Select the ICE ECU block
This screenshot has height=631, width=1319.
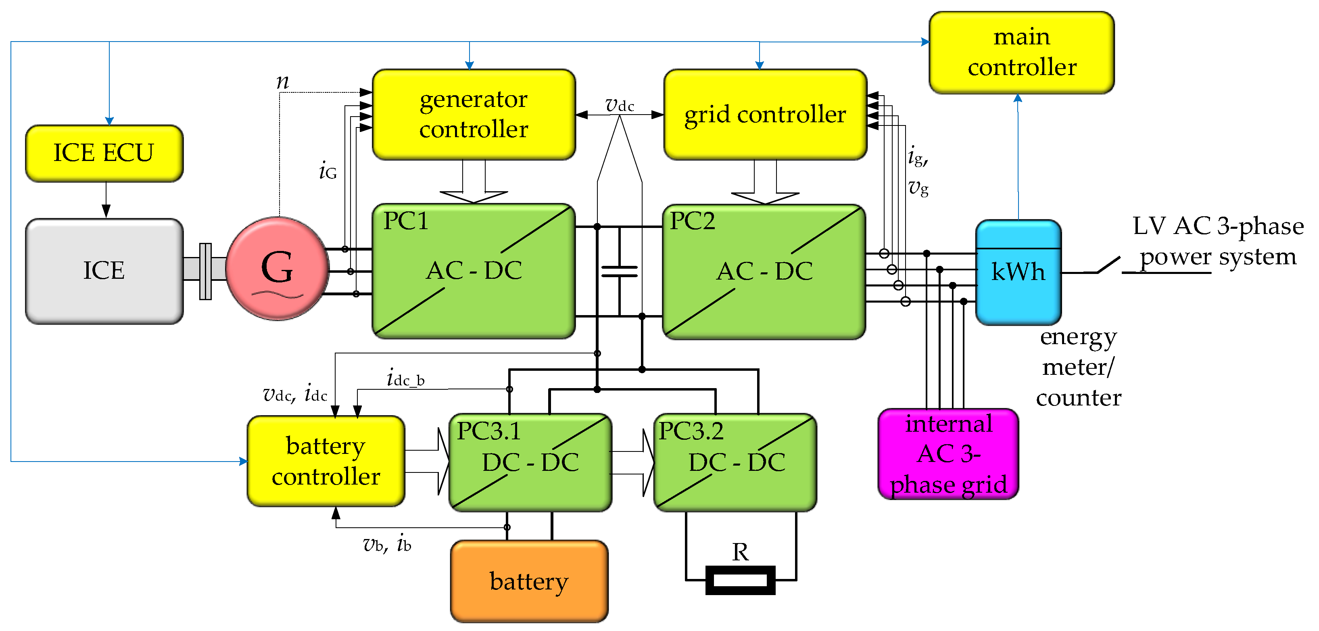pos(104,153)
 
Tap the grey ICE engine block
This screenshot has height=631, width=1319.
pos(104,271)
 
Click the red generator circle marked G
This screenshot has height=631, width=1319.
pos(277,268)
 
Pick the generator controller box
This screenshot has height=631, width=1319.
pos(474,114)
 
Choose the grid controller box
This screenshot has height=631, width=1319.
pos(765,114)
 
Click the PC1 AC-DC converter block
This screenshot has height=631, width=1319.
pos(474,271)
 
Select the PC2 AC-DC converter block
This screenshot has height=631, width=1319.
pos(764,272)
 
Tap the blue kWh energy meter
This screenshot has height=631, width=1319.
pos(1018,272)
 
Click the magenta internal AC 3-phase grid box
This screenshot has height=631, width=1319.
pos(948,454)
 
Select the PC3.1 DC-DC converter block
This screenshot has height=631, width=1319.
pos(530,462)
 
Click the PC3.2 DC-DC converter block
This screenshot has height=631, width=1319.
pos(735,462)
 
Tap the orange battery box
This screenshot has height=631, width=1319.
pos(530,581)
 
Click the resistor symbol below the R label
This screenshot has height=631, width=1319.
pos(741,580)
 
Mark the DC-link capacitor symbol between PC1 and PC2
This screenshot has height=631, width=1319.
pos(620,271)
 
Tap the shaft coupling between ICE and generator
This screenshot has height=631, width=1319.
pos(205,271)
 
